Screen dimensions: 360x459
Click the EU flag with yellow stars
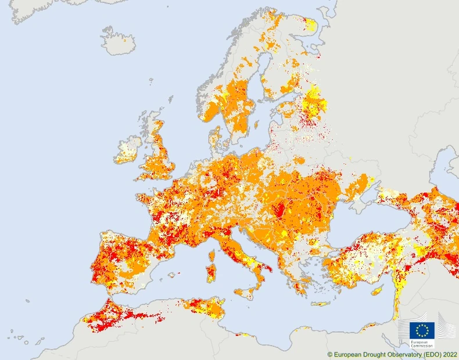(x=422, y=330)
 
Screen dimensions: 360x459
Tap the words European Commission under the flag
(x=422, y=344)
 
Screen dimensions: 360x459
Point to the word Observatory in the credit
(x=399, y=354)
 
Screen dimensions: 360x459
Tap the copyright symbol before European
(x=330, y=354)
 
